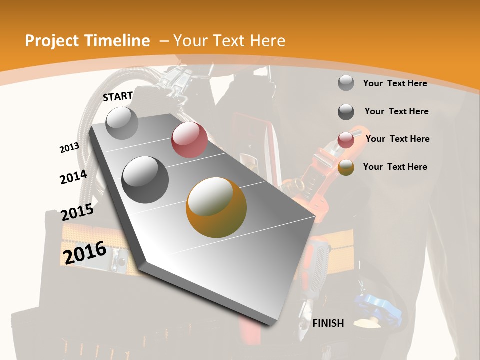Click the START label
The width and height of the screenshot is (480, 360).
[118, 96]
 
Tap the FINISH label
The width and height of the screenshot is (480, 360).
[328, 323]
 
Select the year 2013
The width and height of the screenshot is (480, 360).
[69, 148]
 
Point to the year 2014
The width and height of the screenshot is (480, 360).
[73, 177]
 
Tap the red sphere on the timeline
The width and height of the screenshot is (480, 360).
[189, 140]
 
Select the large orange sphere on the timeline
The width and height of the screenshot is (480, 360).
[216, 207]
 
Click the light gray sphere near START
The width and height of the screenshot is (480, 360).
[122, 123]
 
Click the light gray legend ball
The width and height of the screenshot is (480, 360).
[346, 83]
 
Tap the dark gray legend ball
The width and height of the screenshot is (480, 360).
[346, 112]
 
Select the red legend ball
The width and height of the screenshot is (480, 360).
[346, 140]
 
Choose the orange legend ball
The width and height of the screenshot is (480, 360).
[346, 167]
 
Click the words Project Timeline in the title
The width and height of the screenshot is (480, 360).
[87, 41]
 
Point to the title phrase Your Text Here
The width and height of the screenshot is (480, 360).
[229, 41]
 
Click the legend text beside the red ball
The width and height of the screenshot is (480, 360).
[397, 139]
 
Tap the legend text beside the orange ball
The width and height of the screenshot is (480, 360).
[395, 167]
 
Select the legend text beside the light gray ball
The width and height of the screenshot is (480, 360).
[395, 83]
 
